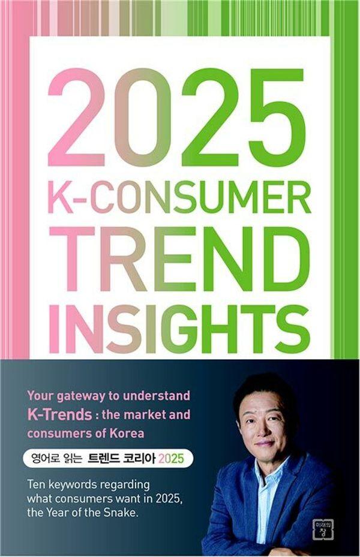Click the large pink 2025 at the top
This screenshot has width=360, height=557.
pyautogui.click(x=176, y=118)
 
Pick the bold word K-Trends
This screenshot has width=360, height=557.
pyautogui.click(x=60, y=414)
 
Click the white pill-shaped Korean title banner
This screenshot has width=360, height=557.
pyautogui.click(x=108, y=459)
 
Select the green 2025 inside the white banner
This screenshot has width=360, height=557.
pyautogui.click(x=171, y=459)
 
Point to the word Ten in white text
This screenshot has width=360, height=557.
pyautogui.click(x=36, y=484)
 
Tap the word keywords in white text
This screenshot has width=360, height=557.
pyautogui.click(x=70, y=485)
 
